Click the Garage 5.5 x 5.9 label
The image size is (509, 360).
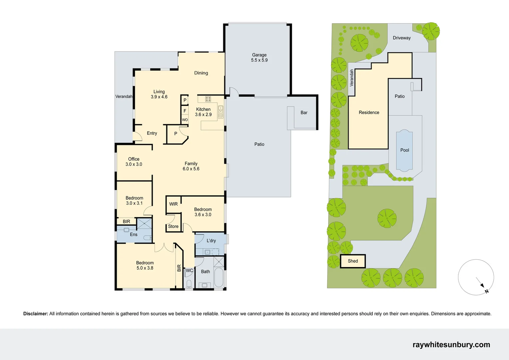pyautogui.click(x=259, y=57)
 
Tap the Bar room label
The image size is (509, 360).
pyautogui.click(x=304, y=113)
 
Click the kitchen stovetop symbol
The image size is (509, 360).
pyautogui.click(x=208, y=99)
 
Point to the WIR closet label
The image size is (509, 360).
pyautogui.click(x=173, y=204)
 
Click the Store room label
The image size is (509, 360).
pyautogui.click(x=173, y=226)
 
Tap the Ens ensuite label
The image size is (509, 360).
pyautogui.click(x=134, y=234)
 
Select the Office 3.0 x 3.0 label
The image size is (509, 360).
pyautogui.click(x=134, y=162)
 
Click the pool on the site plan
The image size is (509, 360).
pyautogui.click(x=404, y=150)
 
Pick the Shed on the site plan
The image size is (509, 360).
pyautogui.click(x=353, y=261)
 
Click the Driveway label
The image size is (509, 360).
pyautogui.click(x=401, y=38)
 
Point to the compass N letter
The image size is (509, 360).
pyautogui.click(x=486, y=291)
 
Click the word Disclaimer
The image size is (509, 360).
pyautogui.click(x=36, y=314)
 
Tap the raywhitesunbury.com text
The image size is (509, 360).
pyautogui.click(x=451, y=345)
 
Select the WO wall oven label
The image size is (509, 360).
pyautogui.click(x=185, y=120)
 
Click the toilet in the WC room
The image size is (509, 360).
pyautogui.click(x=189, y=284)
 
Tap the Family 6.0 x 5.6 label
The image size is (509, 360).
pyautogui.click(x=191, y=166)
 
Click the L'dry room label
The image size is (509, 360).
pyautogui.click(x=211, y=241)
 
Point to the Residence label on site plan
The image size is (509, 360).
pyautogui.click(x=369, y=112)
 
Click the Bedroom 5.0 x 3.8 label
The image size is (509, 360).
pyautogui.click(x=145, y=265)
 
